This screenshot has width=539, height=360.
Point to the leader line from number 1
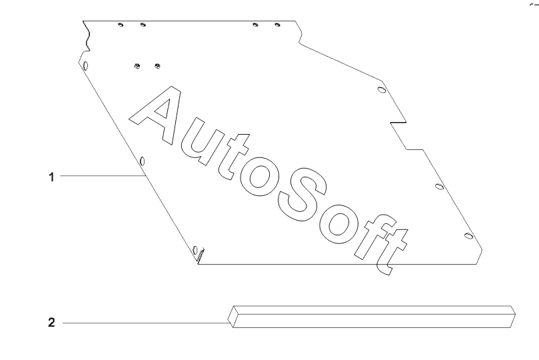[x=100, y=176]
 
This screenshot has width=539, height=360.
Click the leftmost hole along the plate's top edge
[x=120, y=25]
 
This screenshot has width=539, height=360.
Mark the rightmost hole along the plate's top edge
[x=278, y=25]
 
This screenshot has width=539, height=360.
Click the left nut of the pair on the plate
[x=136, y=65]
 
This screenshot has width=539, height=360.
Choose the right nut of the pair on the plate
[x=157, y=65]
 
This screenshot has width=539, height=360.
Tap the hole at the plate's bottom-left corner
[x=195, y=251]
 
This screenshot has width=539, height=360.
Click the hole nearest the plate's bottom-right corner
[x=468, y=235]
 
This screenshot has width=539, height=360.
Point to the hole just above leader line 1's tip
[x=143, y=161]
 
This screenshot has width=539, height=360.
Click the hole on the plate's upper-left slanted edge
[x=85, y=67]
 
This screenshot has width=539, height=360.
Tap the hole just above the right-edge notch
[x=380, y=89]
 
